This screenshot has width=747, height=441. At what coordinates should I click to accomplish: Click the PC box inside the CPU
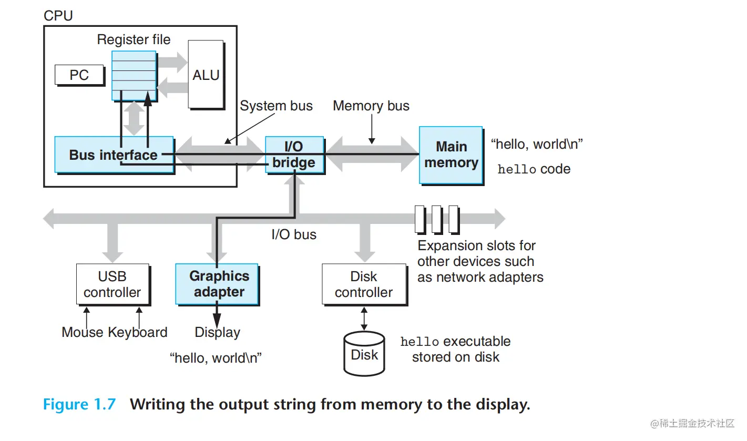[x=79, y=75]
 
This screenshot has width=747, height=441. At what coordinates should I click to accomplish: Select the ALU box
[x=206, y=75]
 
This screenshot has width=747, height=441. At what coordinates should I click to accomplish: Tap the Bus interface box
[x=114, y=155]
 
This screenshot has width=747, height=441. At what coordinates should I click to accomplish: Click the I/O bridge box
[x=293, y=155]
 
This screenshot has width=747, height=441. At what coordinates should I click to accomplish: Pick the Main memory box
[x=451, y=155]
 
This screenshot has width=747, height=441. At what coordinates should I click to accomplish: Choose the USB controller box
[x=112, y=284]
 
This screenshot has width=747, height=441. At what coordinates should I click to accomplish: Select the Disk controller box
[x=364, y=284]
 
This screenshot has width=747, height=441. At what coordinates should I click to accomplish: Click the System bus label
[x=276, y=106]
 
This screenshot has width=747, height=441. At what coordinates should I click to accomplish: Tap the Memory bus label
[x=371, y=106]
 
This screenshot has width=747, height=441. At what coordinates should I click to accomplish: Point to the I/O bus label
[x=294, y=234]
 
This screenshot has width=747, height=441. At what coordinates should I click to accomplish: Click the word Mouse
[x=83, y=332]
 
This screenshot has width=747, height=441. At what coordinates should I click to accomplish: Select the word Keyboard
[x=138, y=332]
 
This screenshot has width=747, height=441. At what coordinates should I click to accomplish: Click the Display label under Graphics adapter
[x=217, y=332]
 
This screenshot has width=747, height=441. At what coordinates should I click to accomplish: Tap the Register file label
[x=134, y=39]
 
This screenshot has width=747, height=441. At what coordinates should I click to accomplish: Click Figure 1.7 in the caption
[x=79, y=404]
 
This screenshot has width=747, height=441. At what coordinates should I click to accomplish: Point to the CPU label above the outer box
[x=58, y=16]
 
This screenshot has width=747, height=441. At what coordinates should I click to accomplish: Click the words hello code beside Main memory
[x=534, y=169]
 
